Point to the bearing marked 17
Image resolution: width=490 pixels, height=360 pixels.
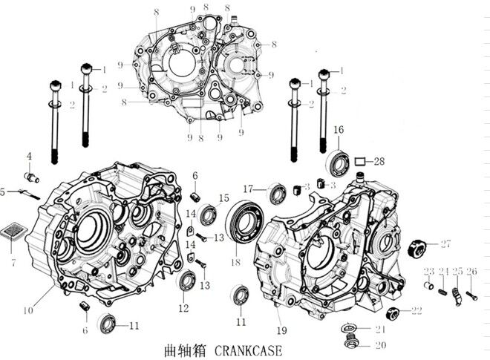(278, 193)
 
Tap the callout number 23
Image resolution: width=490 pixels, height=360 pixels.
(429, 270)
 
